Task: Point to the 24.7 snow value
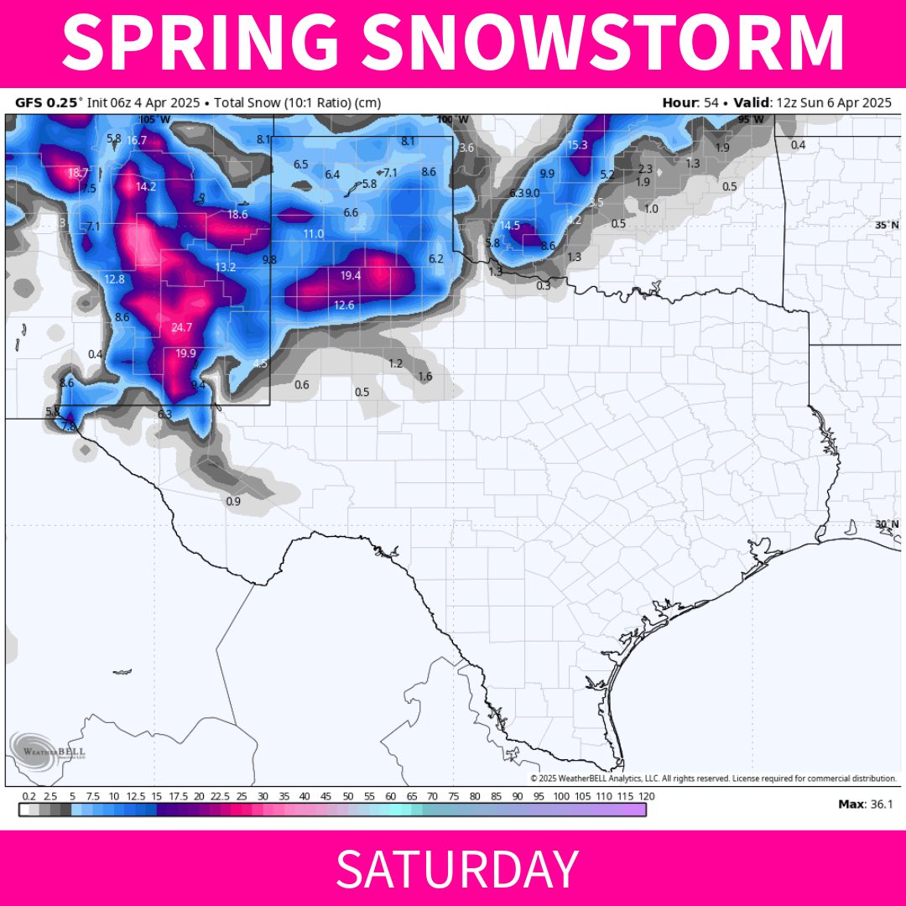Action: click(182, 327)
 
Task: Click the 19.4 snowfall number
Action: click(351, 276)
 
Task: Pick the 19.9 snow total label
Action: click(185, 353)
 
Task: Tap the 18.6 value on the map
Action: click(237, 215)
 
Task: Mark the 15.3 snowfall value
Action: click(577, 145)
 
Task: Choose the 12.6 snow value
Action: click(344, 305)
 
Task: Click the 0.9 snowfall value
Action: click(234, 502)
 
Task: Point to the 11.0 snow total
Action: click(313, 233)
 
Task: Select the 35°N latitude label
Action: click(886, 226)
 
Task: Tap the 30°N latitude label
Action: click(886, 524)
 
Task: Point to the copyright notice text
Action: click(713, 778)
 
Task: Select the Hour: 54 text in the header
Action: click(693, 103)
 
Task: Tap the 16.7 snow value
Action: click(137, 140)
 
